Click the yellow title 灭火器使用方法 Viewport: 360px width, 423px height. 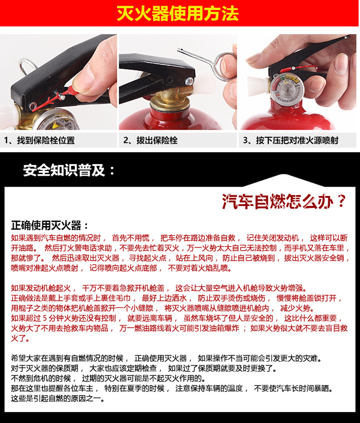point(178,13)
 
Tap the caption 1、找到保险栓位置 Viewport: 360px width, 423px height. point(40,141)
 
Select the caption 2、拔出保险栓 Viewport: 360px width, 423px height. point(151,141)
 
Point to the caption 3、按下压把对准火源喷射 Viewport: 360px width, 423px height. point(290,141)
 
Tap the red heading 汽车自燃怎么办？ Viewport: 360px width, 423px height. point(284,201)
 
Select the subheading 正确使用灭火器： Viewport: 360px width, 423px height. point(50,226)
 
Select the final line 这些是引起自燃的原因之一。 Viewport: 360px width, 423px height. point(57,399)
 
